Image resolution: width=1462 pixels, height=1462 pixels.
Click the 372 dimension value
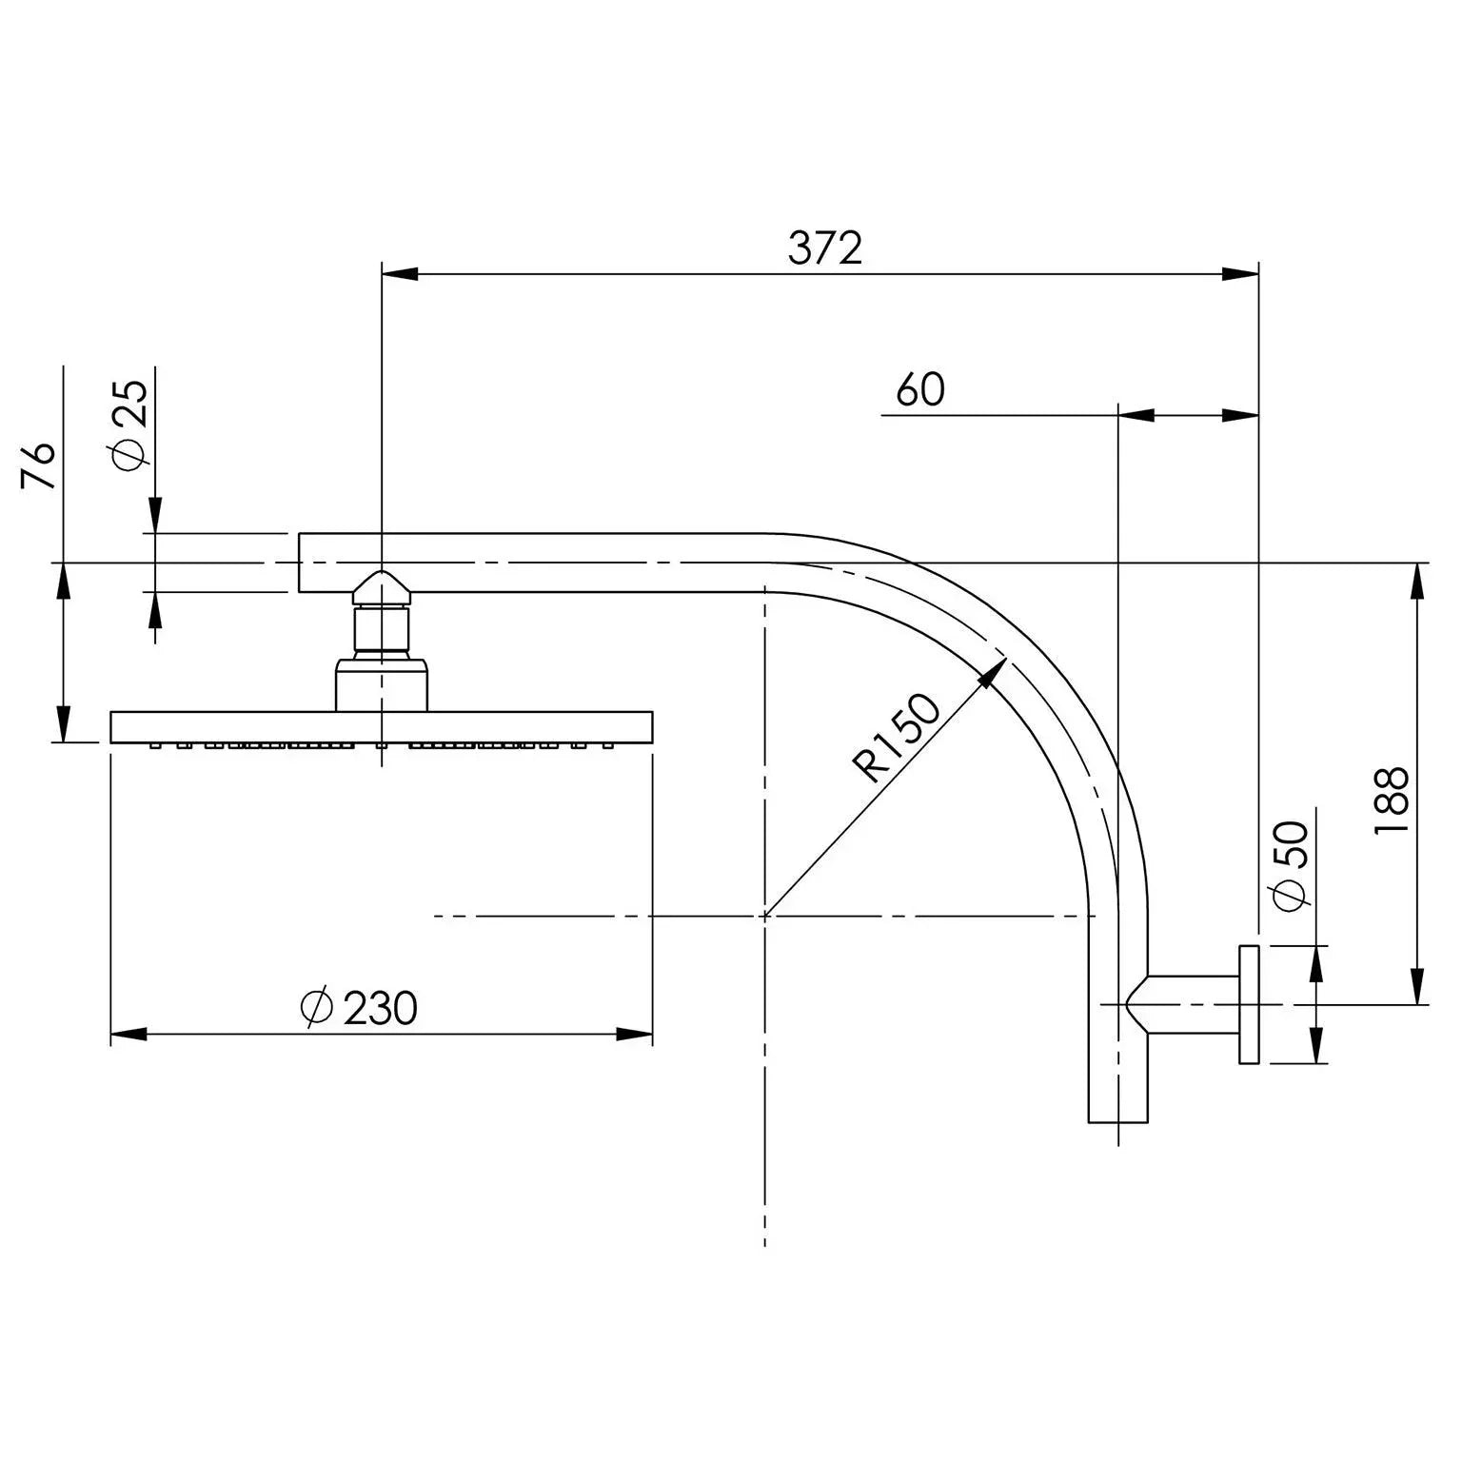pyautogui.click(x=824, y=249)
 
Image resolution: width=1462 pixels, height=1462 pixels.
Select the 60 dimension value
pyautogui.click(x=919, y=390)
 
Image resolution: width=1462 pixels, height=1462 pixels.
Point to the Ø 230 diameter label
pyautogui.click(x=358, y=1008)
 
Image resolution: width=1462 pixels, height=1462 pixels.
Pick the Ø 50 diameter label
pyautogui.click(x=1291, y=866)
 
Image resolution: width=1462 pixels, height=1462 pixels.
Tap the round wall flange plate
pyautogui.click(x=1249, y=1004)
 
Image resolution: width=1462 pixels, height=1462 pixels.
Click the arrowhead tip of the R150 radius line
pyautogui.click(x=1002, y=661)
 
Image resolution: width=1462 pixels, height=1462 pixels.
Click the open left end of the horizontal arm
pyautogui.click(x=302, y=563)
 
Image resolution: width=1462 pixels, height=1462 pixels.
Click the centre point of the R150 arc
pyautogui.click(x=765, y=916)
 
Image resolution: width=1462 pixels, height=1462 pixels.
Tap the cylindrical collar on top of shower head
pyautogui.click(x=382, y=683)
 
